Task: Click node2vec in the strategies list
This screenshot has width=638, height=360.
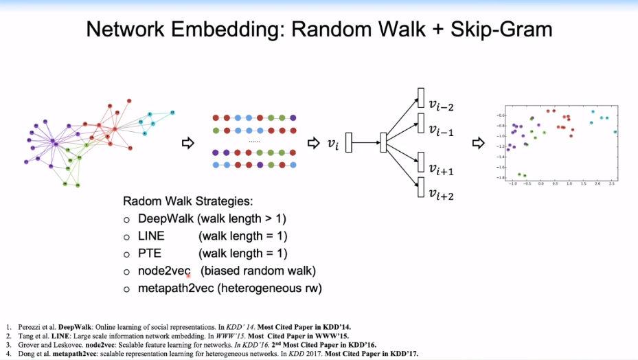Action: pyautogui.click(x=164, y=271)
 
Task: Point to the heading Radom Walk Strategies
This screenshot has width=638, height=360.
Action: pyautogui.click(x=187, y=202)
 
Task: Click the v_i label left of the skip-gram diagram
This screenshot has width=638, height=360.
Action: pyautogui.click(x=332, y=144)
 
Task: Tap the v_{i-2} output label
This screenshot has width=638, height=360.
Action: pyautogui.click(x=441, y=105)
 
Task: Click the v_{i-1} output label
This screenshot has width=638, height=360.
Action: pyautogui.click(x=441, y=130)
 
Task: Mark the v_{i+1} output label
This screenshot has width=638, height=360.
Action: pyautogui.click(x=441, y=169)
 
